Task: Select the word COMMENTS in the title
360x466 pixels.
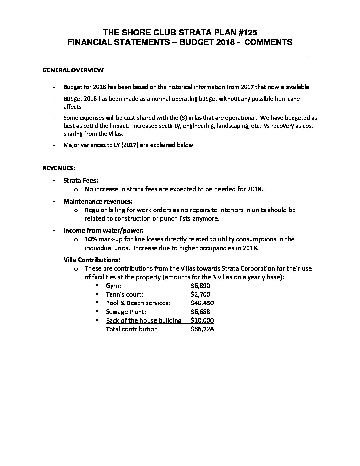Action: click(x=268, y=42)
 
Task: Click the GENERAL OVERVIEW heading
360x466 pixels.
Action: click(x=73, y=70)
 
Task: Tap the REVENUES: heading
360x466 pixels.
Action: click(x=59, y=168)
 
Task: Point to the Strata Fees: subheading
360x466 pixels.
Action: click(x=81, y=181)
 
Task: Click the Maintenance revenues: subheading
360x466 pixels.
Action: click(x=98, y=201)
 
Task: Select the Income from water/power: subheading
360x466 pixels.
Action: click(x=103, y=230)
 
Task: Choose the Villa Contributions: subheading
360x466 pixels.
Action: click(x=92, y=259)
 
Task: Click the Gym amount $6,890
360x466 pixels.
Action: click(x=200, y=286)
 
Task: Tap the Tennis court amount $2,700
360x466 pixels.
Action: click(x=200, y=294)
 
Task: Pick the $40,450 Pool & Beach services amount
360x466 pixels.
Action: click(x=202, y=303)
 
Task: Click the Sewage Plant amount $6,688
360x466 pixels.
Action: click(x=200, y=312)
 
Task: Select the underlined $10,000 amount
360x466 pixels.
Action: click(x=202, y=320)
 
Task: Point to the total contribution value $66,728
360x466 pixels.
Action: click(x=202, y=329)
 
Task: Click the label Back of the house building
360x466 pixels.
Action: click(x=144, y=320)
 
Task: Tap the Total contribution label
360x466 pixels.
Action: click(x=131, y=329)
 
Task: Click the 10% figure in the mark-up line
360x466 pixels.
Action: click(x=91, y=239)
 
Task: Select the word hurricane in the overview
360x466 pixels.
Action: click(x=287, y=99)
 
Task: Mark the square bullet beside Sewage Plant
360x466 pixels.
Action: click(x=97, y=311)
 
